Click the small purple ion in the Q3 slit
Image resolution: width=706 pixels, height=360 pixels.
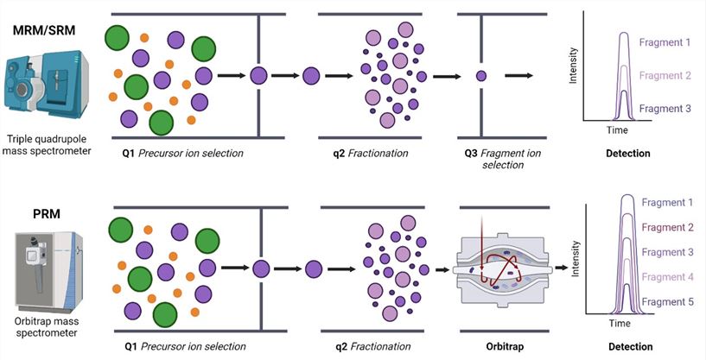[480, 76]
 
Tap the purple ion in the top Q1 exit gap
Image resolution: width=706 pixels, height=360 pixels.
[258, 76]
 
